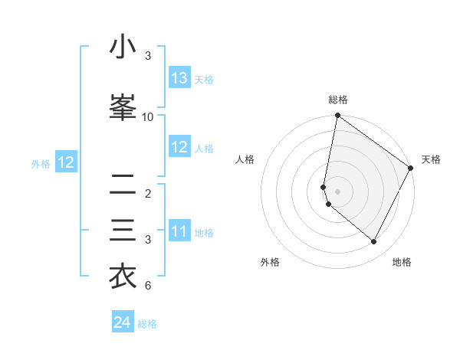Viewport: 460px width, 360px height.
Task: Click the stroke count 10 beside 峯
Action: click(x=148, y=116)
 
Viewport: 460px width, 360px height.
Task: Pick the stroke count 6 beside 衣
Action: click(x=148, y=286)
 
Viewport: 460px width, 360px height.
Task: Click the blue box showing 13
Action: click(x=179, y=78)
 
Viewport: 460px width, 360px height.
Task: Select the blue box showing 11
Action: click(x=179, y=232)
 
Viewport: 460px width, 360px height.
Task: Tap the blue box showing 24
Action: click(x=123, y=323)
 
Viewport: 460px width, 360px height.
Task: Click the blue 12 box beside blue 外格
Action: click(x=65, y=162)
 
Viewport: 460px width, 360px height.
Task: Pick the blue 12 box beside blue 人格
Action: click(x=179, y=148)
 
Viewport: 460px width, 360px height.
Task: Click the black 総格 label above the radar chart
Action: click(x=338, y=100)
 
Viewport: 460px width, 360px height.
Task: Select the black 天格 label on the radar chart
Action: click(x=431, y=159)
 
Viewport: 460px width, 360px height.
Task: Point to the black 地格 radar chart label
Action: click(x=402, y=262)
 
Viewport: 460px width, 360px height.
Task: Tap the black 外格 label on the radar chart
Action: click(x=270, y=262)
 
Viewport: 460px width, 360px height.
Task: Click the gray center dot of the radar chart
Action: click(x=338, y=191)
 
